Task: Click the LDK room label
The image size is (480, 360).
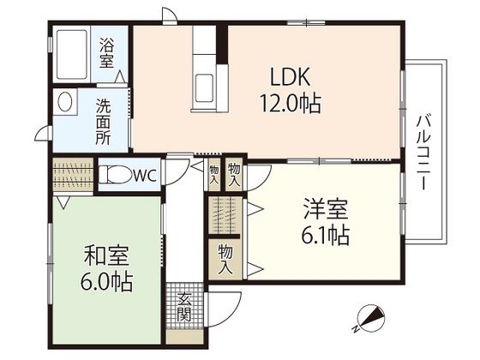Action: point(291,76)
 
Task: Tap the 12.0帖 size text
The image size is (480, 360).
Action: point(291,103)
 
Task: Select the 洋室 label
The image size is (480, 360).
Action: point(326,208)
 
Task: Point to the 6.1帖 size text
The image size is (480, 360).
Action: point(326,235)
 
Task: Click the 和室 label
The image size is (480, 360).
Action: point(106,255)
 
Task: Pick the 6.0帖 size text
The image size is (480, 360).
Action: point(106,282)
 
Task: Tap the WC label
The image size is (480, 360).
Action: point(146,176)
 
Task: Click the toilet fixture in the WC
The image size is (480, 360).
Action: point(115,175)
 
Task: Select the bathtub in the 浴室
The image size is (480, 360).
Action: point(72,54)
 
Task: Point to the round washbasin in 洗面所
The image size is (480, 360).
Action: point(64,101)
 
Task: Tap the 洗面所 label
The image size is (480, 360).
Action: point(104,121)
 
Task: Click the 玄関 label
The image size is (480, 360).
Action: point(184,307)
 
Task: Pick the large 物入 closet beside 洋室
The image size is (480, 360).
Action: point(225,259)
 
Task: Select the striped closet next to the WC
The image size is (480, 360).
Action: point(73,175)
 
